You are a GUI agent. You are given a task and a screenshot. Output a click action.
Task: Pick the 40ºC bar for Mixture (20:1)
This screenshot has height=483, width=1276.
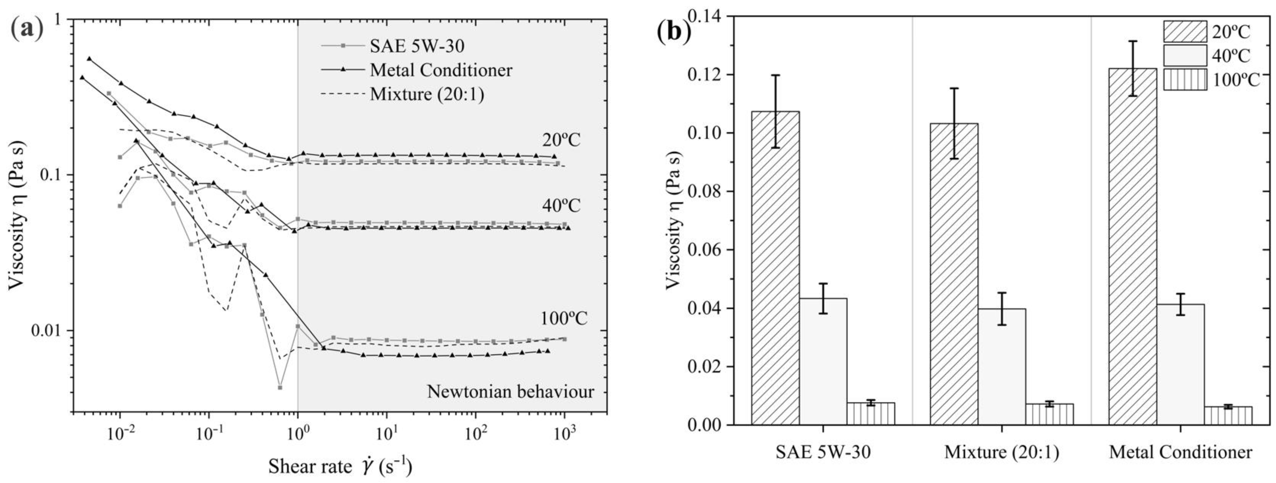1002,366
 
